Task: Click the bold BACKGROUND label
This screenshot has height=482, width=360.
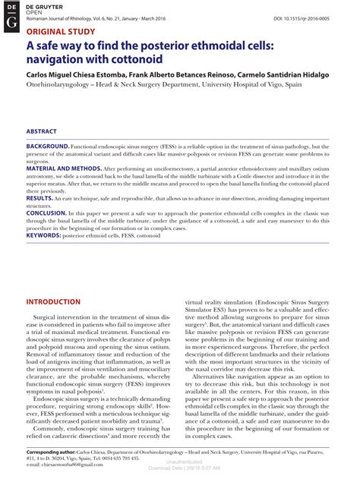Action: (49, 145)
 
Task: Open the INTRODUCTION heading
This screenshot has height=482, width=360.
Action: (58, 301)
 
